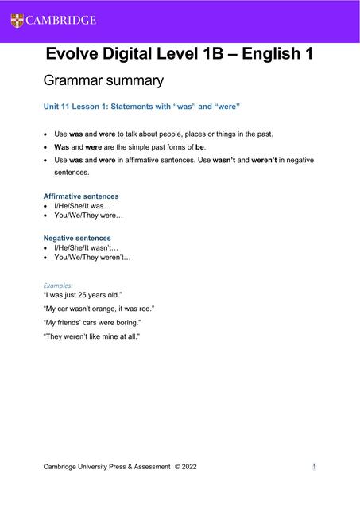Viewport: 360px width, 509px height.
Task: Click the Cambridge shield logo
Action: pyautogui.click(x=17, y=20)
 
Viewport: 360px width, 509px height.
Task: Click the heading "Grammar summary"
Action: pyautogui.click(x=103, y=80)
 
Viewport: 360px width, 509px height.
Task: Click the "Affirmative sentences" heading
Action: pyautogui.click(x=81, y=196)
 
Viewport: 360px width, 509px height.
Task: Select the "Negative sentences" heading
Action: pyautogui.click(x=77, y=238)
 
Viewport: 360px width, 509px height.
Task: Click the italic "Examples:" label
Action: pyautogui.click(x=58, y=284)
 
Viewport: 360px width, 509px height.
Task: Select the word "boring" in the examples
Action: pyautogui.click(x=126, y=323)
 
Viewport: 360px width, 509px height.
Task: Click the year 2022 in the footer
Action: pyautogui.click(x=188, y=467)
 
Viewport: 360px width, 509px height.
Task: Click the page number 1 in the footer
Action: pyautogui.click(x=315, y=467)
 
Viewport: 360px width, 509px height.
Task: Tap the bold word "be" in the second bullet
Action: pyautogui.click(x=199, y=147)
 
